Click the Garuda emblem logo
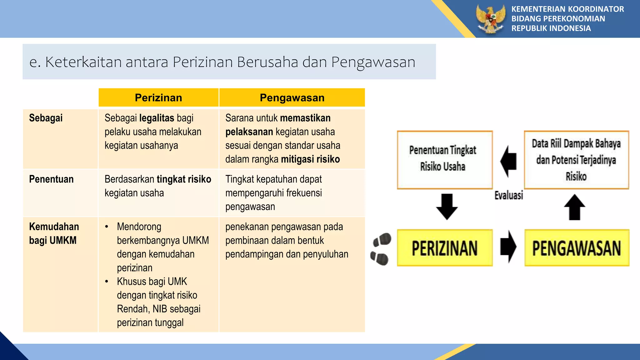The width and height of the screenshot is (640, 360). click(x=491, y=19)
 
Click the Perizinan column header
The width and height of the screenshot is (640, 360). click(x=158, y=98)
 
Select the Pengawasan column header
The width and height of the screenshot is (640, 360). click(x=292, y=98)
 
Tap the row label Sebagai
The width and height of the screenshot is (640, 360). click(x=46, y=118)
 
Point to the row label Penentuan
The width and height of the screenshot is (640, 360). click(x=51, y=179)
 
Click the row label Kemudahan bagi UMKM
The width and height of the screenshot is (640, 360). click(x=54, y=233)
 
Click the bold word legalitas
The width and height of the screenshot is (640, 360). click(x=157, y=118)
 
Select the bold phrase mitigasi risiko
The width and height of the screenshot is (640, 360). click(x=310, y=159)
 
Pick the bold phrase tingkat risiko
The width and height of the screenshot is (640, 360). click(x=184, y=179)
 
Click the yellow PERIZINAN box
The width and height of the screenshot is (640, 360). click(x=444, y=248)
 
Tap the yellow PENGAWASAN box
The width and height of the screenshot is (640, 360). click(x=577, y=248)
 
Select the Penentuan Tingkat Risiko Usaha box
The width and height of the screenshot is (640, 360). click(x=444, y=159)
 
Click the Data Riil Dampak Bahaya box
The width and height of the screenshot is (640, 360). click(x=576, y=159)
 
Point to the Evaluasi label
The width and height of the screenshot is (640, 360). click(x=508, y=195)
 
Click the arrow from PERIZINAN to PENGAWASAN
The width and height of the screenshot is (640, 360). click(x=508, y=247)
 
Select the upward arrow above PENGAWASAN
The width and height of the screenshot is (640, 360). click(x=574, y=207)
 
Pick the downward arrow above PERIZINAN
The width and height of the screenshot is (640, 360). click(x=447, y=207)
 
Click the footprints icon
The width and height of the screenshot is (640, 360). click(x=381, y=249)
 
